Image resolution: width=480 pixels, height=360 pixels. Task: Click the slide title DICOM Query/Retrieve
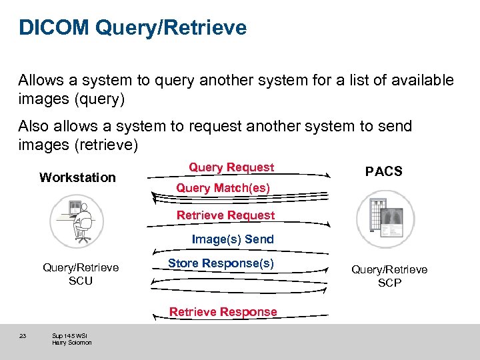[133, 28]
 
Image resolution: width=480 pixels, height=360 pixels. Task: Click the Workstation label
[77, 177]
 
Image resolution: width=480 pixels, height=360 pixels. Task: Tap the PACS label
[384, 171]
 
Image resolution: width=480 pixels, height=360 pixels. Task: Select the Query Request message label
[231, 167]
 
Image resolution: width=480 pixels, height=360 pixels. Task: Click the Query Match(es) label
[223, 188]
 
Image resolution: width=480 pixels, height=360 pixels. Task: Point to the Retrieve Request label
[225, 215]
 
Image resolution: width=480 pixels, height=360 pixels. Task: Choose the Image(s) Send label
[233, 239]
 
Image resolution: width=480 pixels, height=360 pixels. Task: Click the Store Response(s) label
[221, 263]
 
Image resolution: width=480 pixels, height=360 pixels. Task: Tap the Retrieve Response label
[223, 311]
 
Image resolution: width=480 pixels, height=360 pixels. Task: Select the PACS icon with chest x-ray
[385, 219]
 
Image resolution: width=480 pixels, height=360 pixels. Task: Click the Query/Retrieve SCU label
[81, 274]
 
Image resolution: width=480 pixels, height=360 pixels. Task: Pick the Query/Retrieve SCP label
[389, 276]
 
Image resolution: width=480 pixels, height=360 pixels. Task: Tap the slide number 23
[22, 336]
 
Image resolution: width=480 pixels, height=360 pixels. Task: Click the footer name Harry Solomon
[71, 343]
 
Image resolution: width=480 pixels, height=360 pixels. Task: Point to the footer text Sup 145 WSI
[69, 335]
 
